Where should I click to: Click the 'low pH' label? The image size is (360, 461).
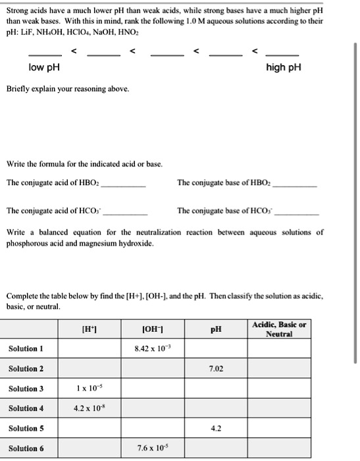pyautogui.click(x=41, y=68)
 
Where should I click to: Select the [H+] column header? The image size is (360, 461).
pyautogui.click(x=88, y=328)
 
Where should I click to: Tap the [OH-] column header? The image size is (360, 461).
pyautogui.click(x=153, y=328)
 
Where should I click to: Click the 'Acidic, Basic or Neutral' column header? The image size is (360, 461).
pyautogui.click(x=278, y=329)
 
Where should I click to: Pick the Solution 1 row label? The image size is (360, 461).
pyautogui.click(x=26, y=348)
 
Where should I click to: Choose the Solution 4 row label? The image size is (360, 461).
pyautogui.click(x=26, y=409)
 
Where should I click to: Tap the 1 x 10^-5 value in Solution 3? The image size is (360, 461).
pyautogui.click(x=88, y=389)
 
